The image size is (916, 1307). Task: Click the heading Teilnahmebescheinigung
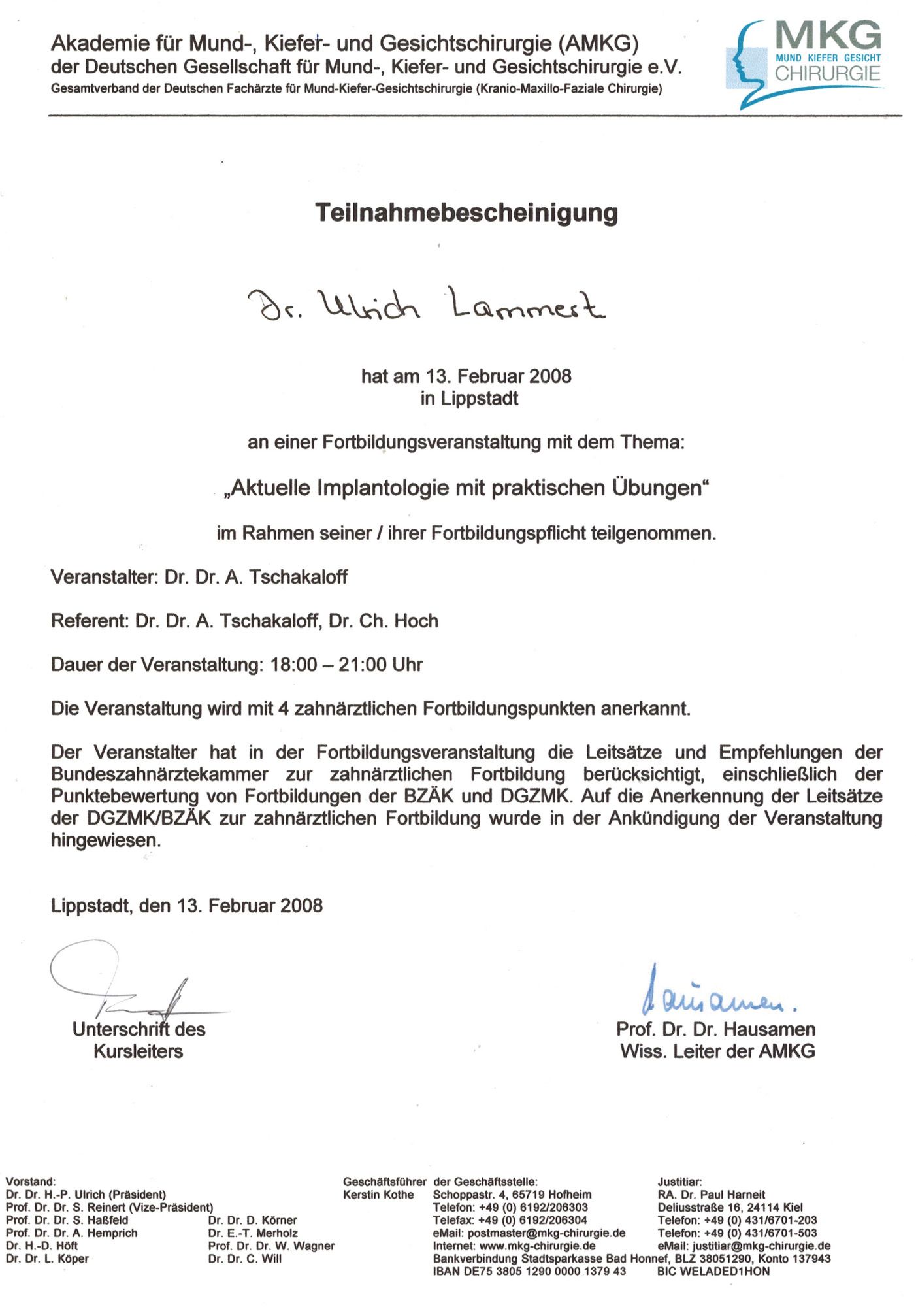(466, 213)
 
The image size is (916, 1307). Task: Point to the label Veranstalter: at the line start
(105, 577)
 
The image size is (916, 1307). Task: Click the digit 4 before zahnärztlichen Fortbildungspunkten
(283, 708)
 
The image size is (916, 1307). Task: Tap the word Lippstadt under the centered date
(479, 398)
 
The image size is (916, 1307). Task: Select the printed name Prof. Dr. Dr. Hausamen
(715, 1029)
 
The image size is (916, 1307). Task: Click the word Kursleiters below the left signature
(139, 1051)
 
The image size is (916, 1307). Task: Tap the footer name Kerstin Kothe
(378, 1195)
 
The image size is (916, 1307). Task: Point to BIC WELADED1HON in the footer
(713, 1271)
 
